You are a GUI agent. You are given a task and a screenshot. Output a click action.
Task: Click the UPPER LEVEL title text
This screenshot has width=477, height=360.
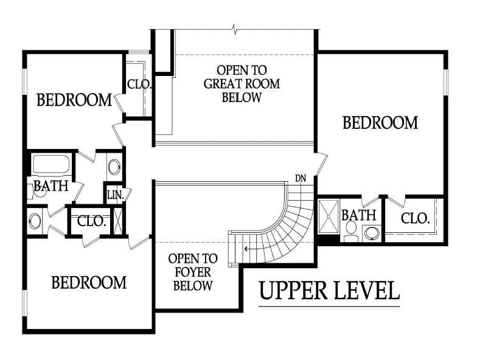330,291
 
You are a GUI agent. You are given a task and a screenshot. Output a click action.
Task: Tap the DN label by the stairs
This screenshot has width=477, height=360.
301,179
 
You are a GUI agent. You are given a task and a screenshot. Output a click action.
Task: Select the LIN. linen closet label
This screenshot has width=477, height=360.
116,195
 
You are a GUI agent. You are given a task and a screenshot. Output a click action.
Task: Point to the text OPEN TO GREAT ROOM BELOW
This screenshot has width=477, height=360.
242,84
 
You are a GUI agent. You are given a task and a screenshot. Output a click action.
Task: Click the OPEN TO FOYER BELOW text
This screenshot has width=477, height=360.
193,272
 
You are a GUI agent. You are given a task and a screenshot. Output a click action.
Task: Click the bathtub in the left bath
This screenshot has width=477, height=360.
51,165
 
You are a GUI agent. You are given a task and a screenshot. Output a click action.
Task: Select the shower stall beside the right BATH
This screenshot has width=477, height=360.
329,216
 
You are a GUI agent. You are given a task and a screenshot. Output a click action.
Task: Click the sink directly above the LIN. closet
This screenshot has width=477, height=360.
114,167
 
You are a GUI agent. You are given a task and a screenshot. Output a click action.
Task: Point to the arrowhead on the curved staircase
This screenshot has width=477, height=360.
246,249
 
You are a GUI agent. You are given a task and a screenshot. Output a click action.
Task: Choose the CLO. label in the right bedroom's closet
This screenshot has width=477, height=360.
415,218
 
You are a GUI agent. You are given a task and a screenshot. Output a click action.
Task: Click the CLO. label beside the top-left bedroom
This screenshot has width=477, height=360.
139,84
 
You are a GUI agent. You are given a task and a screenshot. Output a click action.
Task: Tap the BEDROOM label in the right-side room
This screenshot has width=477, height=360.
381,123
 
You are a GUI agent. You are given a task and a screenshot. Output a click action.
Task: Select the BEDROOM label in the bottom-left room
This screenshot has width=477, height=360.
89,282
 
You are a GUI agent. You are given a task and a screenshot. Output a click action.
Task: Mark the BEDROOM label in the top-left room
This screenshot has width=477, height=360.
74,100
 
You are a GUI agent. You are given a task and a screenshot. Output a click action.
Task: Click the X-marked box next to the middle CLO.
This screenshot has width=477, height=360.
118,221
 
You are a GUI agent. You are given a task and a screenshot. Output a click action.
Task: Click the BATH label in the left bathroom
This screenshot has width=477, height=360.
51,186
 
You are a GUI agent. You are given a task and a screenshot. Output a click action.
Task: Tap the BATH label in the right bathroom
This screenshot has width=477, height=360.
359,215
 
